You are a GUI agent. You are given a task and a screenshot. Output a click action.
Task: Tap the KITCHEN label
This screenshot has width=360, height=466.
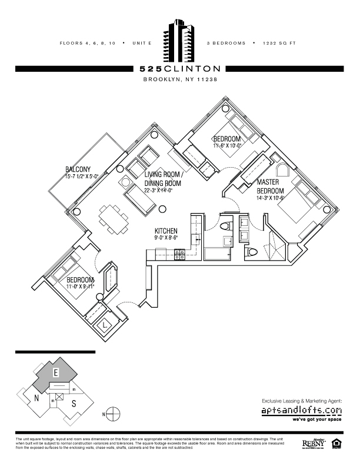pos(166,231)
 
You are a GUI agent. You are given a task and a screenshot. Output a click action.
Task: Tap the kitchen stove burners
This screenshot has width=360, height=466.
pos(180,254)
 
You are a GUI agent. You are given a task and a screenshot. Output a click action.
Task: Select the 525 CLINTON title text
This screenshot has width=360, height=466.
pos(180,68)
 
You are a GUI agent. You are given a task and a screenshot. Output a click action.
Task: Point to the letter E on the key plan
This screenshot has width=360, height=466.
pos(55,373)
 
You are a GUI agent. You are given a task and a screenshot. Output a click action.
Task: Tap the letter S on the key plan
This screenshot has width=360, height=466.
pos(74,404)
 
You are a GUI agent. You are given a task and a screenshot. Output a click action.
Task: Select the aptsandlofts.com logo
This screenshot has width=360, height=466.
pos(301,410)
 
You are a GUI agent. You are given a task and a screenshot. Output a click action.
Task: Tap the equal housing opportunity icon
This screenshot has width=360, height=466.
pos(337,442)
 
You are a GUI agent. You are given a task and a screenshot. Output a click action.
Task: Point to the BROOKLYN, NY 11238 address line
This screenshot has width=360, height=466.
pos(180,81)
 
